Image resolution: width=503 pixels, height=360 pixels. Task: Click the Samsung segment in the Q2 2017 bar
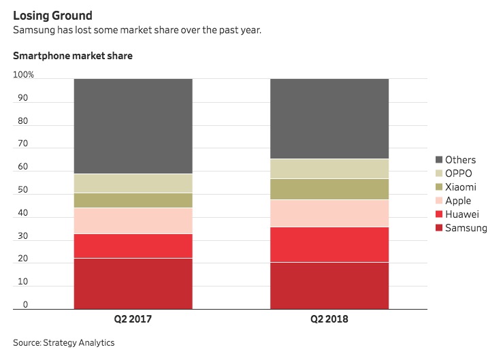click(133, 283)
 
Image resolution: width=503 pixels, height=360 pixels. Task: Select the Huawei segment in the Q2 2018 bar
click(329, 244)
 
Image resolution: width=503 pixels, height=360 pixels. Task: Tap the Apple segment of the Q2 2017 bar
click(133, 220)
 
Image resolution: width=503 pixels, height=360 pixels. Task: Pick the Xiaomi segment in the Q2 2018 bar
click(329, 189)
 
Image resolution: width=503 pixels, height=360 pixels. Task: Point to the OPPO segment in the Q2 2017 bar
click(133, 183)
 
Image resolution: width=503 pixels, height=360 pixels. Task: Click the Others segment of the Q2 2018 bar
click(329, 118)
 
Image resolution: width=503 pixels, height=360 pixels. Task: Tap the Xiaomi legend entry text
click(460, 187)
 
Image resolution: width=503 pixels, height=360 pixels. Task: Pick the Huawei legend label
click(461, 214)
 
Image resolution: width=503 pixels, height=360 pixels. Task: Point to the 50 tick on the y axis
click(23, 190)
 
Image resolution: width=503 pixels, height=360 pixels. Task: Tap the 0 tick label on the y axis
click(26, 305)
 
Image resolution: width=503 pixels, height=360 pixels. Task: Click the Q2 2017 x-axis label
click(133, 318)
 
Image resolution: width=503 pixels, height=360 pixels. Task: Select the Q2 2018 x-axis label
click(329, 318)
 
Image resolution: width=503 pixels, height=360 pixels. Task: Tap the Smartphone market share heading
click(73, 56)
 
